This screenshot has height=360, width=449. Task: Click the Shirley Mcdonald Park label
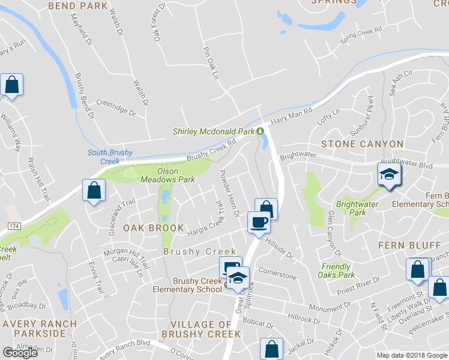tap(213, 131)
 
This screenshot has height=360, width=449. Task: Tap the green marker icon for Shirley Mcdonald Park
tap(260, 131)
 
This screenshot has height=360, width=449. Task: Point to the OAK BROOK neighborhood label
tap(154, 228)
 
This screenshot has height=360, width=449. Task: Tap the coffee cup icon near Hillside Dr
tap(259, 222)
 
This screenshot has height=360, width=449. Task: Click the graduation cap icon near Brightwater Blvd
tap(389, 175)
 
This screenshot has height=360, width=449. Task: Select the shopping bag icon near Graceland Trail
tap(95, 191)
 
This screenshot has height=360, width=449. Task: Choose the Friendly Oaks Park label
tap(336, 271)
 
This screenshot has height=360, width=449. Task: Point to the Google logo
tap(20, 353)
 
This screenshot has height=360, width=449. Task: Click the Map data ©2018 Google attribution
tap(412, 355)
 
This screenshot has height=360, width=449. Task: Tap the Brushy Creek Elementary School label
tap(198, 285)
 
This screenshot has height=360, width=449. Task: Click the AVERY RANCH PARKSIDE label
tap(39, 329)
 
